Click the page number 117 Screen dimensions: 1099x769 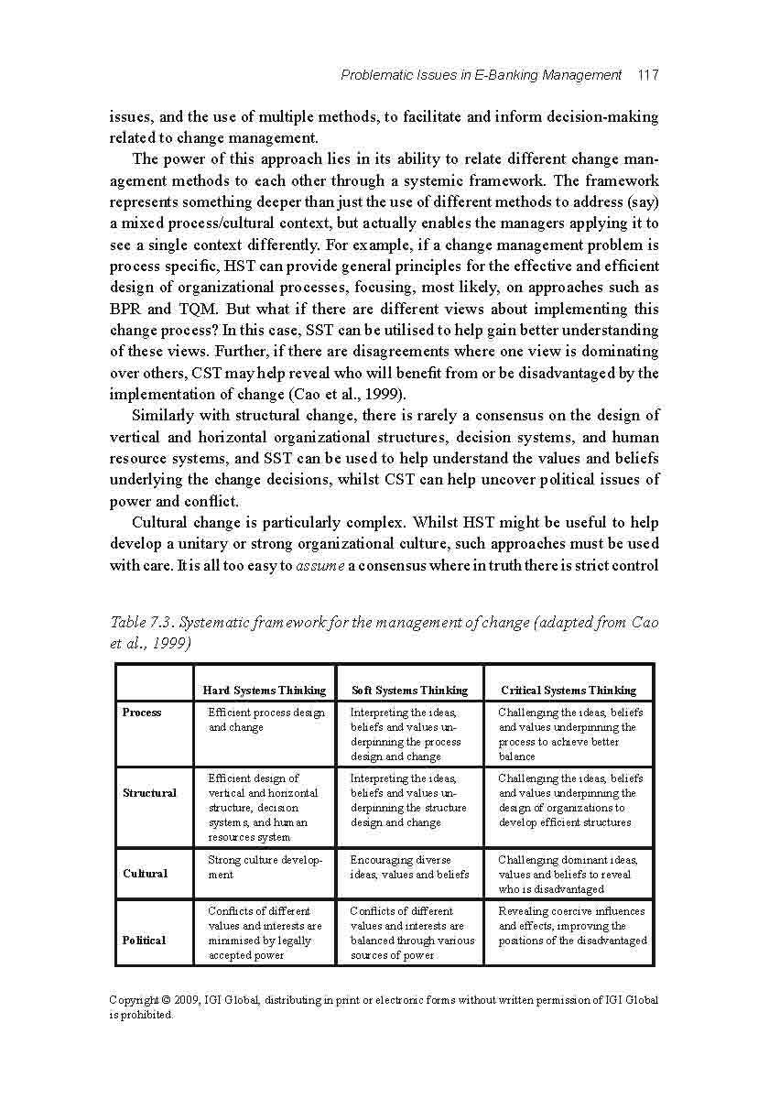pyautogui.click(x=647, y=75)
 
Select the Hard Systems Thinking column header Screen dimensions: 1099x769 pyautogui.click(x=264, y=691)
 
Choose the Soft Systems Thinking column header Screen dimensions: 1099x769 pyautogui.click(x=409, y=691)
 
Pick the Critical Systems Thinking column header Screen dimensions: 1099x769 pyautogui.click(x=568, y=691)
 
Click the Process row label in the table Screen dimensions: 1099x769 pyautogui.click(x=142, y=713)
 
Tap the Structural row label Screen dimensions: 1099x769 pyautogui.click(x=149, y=793)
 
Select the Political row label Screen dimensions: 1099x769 pyautogui.click(x=145, y=941)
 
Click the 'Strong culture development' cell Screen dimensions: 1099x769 pyautogui.click(x=265, y=867)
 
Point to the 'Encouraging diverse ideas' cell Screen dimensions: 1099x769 pyautogui.click(x=409, y=867)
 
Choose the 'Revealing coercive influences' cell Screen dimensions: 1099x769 pyautogui.click(x=571, y=926)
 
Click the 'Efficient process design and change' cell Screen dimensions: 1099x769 pyautogui.click(x=265, y=720)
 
